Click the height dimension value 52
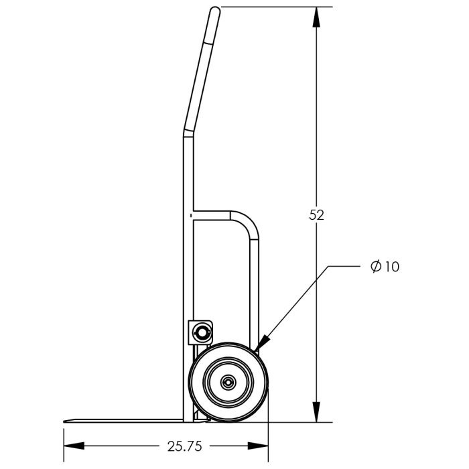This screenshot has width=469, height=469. (317, 214)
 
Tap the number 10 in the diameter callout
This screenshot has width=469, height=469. (392, 267)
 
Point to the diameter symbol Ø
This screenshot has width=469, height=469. (376, 267)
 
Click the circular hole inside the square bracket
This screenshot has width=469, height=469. (202, 330)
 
